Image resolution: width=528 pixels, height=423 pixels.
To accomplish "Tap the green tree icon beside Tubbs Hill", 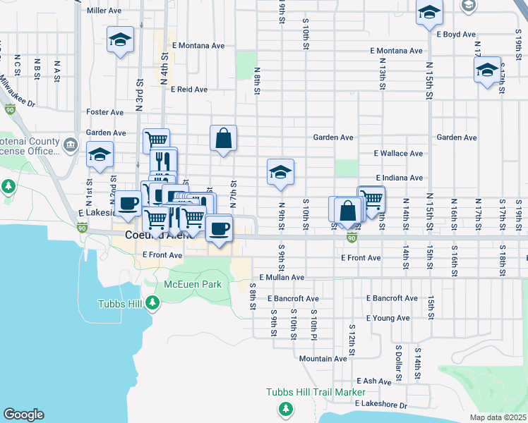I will [x=152, y=303].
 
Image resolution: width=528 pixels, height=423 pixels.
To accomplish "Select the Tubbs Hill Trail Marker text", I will [x=316, y=392].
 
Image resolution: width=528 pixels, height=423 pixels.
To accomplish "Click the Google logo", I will [x=23, y=415].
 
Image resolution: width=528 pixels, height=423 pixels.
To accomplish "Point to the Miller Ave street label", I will [x=104, y=11].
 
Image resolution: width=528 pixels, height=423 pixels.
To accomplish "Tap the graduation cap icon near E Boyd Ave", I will [x=428, y=13].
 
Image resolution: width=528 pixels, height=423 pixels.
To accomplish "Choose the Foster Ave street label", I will [x=104, y=112].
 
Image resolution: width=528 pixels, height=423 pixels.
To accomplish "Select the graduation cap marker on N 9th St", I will [x=280, y=172].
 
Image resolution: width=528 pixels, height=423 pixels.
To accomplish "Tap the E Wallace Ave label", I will [x=399, y=153].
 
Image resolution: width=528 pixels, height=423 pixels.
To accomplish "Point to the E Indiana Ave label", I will [x=400, y=178].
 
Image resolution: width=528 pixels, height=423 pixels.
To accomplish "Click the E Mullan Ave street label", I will [x=281, y=278].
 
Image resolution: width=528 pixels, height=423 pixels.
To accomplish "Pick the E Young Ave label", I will [x=388, y=318].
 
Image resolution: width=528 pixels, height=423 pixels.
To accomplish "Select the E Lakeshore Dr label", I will [x=381, y=405].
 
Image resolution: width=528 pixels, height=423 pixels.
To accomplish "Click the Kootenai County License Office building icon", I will [x=71, y=145].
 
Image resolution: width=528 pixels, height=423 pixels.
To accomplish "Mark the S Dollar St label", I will [x=398, y=360].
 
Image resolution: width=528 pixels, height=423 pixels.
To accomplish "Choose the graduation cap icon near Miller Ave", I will [x=120, y=39].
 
